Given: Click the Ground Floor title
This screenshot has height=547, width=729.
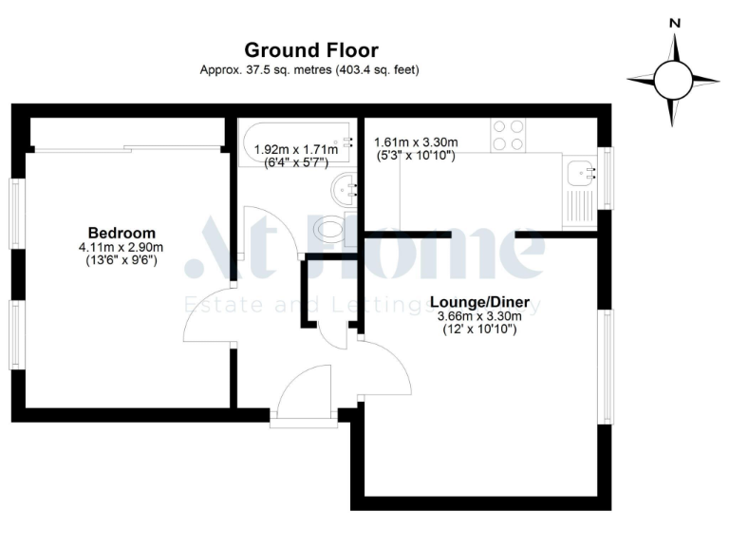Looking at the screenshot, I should tap(310, 50).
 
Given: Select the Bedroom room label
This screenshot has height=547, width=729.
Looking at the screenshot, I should tap(121, 233).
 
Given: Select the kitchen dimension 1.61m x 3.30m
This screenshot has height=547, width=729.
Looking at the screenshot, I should tap(417, 142).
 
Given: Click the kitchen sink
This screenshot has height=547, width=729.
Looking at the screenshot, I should tap(579, 173).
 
